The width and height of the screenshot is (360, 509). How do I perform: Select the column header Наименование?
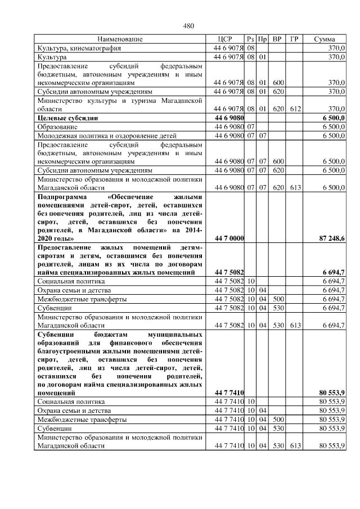pos(120,39)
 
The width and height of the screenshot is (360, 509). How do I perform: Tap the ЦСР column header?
pos(228,39)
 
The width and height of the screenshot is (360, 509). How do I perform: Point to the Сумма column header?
pos(325,39)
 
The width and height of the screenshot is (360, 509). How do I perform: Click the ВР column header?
pos(277,39)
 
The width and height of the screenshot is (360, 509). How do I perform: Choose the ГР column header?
pos(294,39)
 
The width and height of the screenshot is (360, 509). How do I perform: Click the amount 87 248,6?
pos(332,239)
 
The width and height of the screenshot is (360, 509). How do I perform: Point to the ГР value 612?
pos(294,109)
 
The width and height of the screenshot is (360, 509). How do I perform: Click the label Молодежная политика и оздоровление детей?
pos(107,136)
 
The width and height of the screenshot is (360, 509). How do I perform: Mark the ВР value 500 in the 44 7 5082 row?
pos(277,299)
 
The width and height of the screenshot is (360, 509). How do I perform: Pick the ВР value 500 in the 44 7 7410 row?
pos(277,419)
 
